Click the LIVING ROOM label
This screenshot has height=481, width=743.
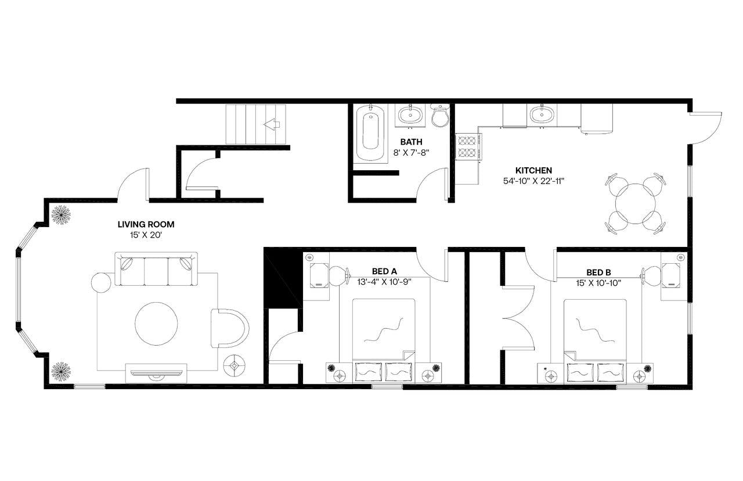click(x=146, y=224)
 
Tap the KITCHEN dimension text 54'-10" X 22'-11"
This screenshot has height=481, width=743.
click(x=533, y=181)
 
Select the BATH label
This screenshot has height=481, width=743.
click(x=411, y=142)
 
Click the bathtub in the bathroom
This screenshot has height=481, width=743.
click(x=371, y=133)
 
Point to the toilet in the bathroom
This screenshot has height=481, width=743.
click(x=439, y=116)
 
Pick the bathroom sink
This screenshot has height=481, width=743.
click(x=411, y=115)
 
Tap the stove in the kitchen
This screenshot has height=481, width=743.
click(x=468, y=146)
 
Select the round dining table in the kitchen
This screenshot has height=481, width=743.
click(x=636, y=203)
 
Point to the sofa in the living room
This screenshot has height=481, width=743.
click(x=156, y=269)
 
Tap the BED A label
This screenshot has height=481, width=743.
click(x=384, y=271)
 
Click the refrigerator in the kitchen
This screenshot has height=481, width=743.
click(x=597, y=119)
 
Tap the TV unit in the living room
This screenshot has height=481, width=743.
click(x=156, y=371)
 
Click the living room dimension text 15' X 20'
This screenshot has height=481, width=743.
click(x=146, y=235)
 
